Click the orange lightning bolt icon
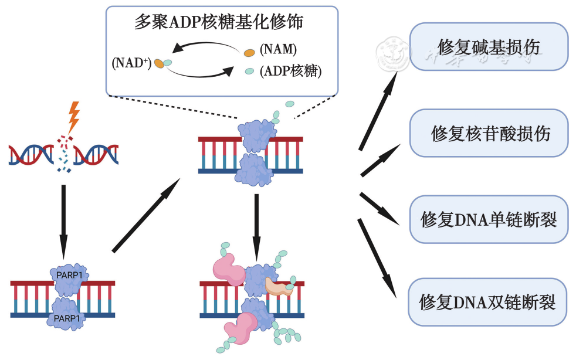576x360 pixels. coord(73,117)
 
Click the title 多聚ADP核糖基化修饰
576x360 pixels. coord(222,23)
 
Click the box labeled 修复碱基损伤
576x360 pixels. coord(488,47)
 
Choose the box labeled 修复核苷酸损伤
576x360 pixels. coord(488,133)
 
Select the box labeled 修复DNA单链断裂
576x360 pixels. coord(488,219)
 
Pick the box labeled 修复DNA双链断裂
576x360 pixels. coord(488,302)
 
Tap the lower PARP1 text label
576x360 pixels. coord(66,318)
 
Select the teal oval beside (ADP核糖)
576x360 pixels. coord(249,71)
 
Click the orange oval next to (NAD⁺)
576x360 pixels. coord(159,63)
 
